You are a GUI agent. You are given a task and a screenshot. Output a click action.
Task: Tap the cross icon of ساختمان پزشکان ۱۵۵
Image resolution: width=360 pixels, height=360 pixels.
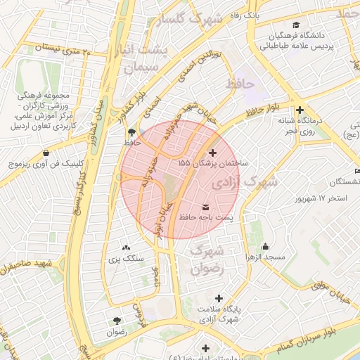point(213,152)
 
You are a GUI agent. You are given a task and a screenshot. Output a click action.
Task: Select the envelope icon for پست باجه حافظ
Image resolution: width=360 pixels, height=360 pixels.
point(205,207)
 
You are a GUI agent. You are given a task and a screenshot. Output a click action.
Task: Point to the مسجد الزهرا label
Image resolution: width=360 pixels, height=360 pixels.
point(265,257)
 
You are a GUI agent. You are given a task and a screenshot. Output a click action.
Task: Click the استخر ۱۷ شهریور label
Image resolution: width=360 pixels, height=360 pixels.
point(321,198)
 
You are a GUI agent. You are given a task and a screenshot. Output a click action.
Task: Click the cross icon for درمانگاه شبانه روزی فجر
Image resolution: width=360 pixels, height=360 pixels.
point(300,110)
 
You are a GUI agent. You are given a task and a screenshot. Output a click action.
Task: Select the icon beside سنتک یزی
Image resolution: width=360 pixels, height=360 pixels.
point(127,247)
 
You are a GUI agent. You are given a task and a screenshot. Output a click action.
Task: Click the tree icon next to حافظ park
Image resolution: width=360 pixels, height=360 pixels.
point(132,132)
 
